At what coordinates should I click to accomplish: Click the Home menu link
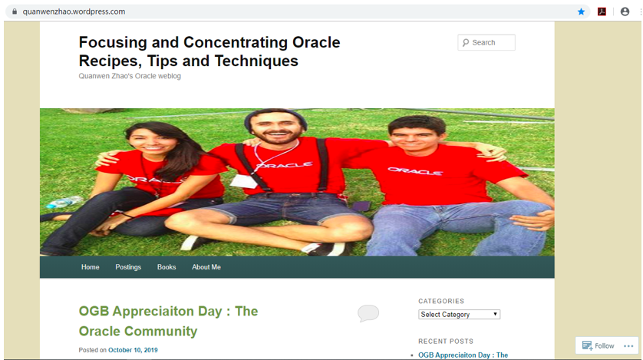[x=91, y=267]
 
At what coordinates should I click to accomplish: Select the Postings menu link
[x=128, y=267]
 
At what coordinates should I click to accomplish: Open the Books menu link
[x=167, y=267]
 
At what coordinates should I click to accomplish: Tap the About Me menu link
[x=206, y=267]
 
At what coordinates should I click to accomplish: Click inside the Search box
[x=486, y=43]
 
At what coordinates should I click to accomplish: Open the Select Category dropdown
[x=460, y=315]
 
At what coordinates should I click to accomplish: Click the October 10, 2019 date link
[x=133, y=350]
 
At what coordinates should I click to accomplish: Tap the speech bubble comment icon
[x=368, y=313]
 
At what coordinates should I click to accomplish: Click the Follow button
[x=598, y=345]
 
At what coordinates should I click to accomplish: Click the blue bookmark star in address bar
[x=581, y=12]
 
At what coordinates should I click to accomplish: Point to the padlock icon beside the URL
[x=15, y=12]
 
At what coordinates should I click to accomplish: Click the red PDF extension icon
[x=602, y=12]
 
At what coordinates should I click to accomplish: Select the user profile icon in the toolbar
[x=625, y=12]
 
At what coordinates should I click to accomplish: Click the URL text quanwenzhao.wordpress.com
[x=74, y=12]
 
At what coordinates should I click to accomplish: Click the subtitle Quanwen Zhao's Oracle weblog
[x=130, y=76]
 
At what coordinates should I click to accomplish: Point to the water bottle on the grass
[x=64, y=202]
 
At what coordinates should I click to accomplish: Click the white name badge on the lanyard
[x=243, y=181]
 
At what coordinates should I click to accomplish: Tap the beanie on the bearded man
[x=275, y=117]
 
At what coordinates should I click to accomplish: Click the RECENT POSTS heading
[x=446, y=341]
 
